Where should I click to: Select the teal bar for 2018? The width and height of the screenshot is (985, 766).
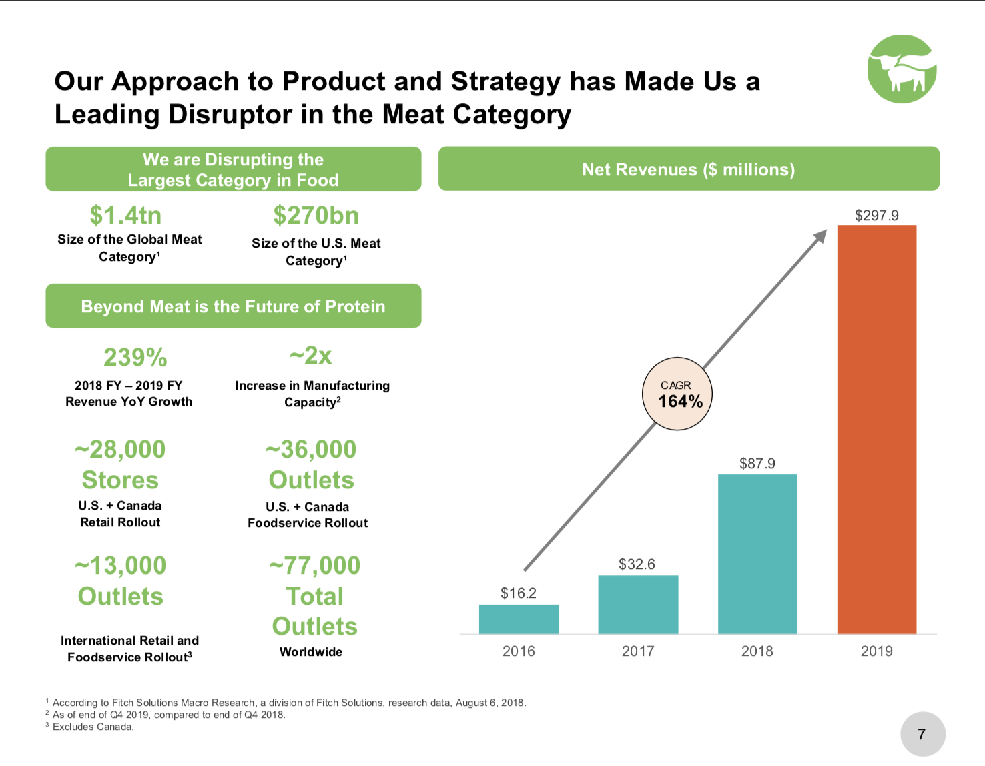coord(757,554)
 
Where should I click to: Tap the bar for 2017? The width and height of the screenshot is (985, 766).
coord(638,604)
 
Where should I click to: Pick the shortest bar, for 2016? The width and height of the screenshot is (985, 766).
coord(519,619)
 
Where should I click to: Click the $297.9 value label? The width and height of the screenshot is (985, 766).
coord(876,216)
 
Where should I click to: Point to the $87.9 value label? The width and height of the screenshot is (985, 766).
coord(757,464)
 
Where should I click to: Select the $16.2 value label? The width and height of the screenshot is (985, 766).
coord(519,593)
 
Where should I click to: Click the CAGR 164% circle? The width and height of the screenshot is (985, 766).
coord(677,394)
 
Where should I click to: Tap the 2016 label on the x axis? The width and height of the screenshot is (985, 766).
coord(519,651)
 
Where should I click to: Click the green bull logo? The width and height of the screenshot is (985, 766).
coord(902,69)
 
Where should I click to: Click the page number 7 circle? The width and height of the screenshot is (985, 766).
coord(922,734)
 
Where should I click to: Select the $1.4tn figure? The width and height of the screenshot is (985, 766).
coord(125,216)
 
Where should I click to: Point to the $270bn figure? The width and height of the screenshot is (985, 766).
coord(316,216)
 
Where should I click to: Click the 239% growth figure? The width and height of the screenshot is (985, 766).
coord(135,358)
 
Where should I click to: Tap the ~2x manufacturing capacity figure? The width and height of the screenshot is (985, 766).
coord(311,356)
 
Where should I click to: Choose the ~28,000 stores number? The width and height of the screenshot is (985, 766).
coord(120,450)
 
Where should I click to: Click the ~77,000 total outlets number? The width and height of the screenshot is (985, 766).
coord(314,566)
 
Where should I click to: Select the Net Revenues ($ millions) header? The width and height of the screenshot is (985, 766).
coord(688,169)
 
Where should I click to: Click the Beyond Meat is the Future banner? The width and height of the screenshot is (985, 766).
coord(233,306)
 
